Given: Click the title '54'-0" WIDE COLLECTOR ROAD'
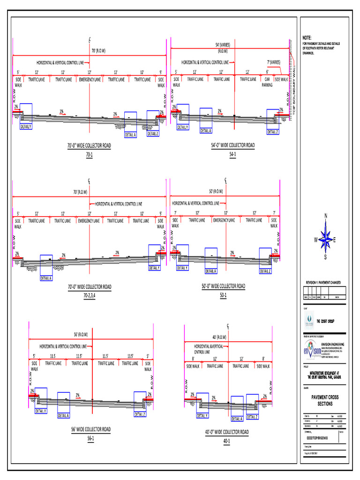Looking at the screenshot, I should pyautogui.click(x=233, y=145).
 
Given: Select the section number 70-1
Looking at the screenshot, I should pyautogui.click(x=89, y=154).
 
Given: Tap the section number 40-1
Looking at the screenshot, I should pyautogui.click(x=227, y=441).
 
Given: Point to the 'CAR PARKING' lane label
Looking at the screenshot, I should pyautogui.click(x=267, y=82).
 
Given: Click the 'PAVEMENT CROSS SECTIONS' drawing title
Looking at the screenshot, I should pyautogui.click(x=325, y=400).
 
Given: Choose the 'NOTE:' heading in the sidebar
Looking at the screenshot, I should pyautogui.click(x=307, y=37).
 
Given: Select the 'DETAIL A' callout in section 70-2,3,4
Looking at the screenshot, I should pyautogui.click(x=46, y=278).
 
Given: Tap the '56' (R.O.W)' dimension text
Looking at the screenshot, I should pyautogui.click(x=81, y=335).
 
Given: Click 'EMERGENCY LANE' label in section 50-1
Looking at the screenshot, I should pyautogui.click(x=224, y=220).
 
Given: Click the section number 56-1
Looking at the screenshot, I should pyautogui.click(x=90, y=438).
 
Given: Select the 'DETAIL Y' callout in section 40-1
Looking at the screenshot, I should pyautogui.click(x=202, y=415).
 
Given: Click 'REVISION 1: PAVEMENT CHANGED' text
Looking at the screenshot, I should pyautogui.click(x=323, y=283).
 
